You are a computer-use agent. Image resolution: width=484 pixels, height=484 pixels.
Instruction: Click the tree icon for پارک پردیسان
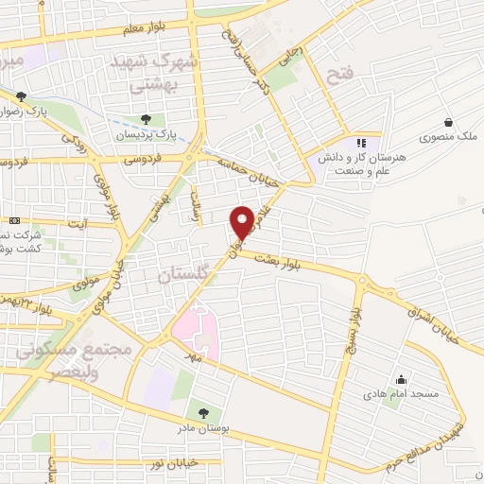[x=146, y=119]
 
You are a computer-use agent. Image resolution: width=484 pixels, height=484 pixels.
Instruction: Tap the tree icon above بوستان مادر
[x=202, y=412]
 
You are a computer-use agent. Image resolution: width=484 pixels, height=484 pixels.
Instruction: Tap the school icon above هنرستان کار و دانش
[x=360, y=143]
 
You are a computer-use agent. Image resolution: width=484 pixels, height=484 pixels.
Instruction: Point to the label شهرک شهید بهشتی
[x=163, y=70]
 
